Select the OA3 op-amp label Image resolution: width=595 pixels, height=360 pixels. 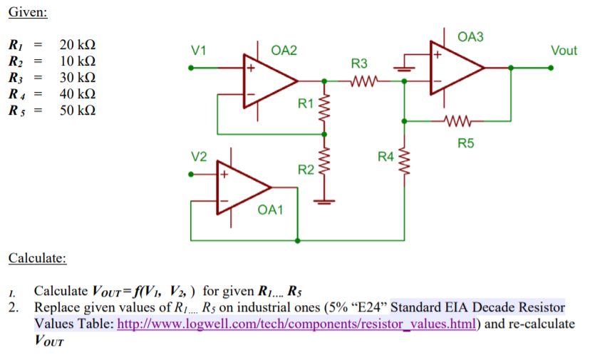470,36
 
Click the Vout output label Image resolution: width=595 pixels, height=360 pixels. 564,50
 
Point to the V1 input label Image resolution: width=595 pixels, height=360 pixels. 200,51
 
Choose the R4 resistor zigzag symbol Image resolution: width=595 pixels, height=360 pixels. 405,159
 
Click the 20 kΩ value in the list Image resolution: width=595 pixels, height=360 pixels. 78,45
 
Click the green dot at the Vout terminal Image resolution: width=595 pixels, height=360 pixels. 551,68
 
